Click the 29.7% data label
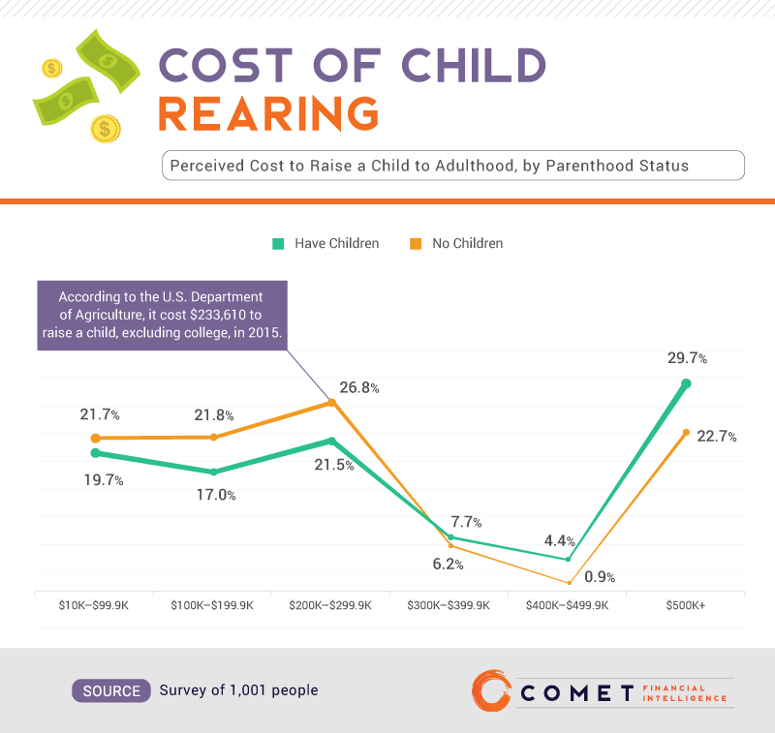pyautogui.click(x=687, y=359)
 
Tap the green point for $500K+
pyautogui.click(x=686, y=383)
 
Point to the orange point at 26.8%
pyautogui.click(x=332, y=402)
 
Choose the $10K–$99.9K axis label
pyautogui.click(x=95, y=606)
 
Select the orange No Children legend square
pyautogui.click(x=416, y=243)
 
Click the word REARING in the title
pyautogui.click(x=268, y=114)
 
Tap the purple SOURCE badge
pyautogui.click(x=111, y=690)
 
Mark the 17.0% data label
pyautogui.click(x=217, y=495)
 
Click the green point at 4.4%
pyautogui.click(x=569, y=559)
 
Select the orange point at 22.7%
pyautogui.click(x=686, y=432)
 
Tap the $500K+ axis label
pyautogui.click(x=686, y=606)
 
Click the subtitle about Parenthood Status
pyautogui.click(x=452, y=166)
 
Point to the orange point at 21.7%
pyautogui.click(x=95, y=439)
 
